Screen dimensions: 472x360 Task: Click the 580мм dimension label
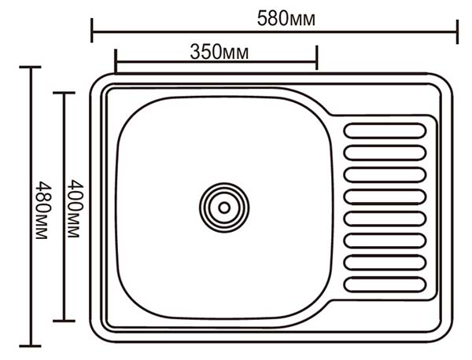click(286, 19)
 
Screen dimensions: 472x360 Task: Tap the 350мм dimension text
click(219, 52)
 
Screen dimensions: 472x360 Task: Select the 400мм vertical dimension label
click(75, 209)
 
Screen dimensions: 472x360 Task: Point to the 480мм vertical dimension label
click(43, 210)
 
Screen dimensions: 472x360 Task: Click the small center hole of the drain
click(224, 208)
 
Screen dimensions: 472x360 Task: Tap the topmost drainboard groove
click(385, 131)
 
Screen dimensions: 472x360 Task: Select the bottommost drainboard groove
click(385, 285)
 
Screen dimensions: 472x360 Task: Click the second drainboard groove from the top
click(385, 152)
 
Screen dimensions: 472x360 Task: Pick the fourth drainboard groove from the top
click(385, 197)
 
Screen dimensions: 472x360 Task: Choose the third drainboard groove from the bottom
click(385, 241)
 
